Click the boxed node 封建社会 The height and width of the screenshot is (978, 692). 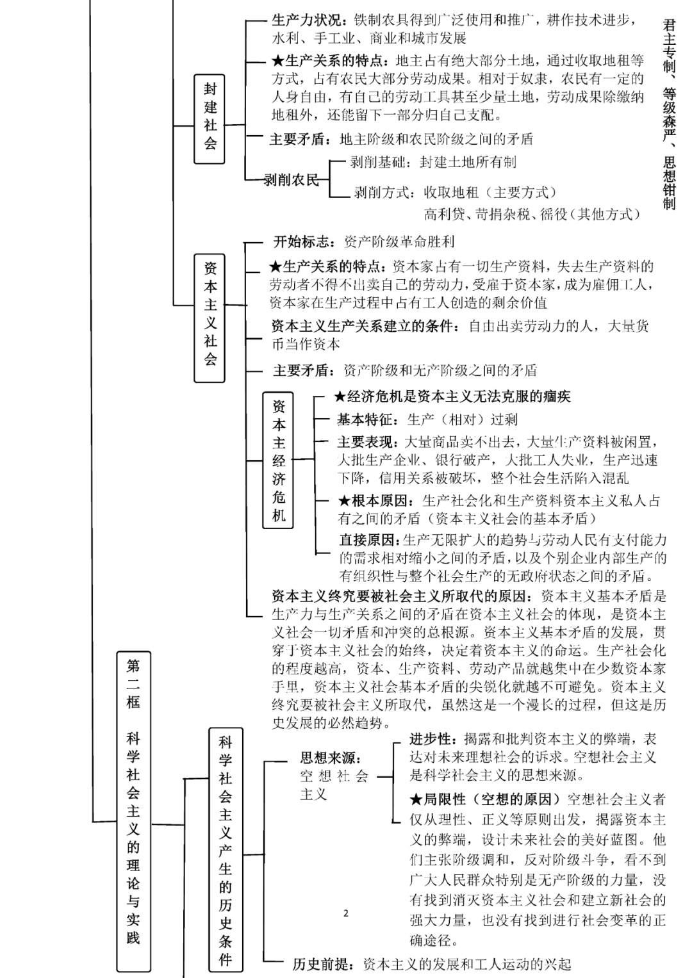(x=210, y=118)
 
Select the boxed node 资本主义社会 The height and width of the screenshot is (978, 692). (x=210, y=318)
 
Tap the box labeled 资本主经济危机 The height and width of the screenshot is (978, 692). (x=278, y=460)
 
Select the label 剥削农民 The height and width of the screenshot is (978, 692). (x=292, y=180)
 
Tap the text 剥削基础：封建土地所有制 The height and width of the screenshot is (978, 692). (x=433, y=162)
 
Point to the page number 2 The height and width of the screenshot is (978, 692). (x=346, y=913)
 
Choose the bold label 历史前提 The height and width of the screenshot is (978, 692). (x=324, y=964)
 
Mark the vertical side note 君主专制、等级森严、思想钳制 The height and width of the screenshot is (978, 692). (x=669, y=114)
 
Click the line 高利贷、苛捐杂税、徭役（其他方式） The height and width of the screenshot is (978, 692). (x=532, y=214)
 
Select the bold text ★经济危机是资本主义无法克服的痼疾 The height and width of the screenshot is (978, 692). (x=452, y=396)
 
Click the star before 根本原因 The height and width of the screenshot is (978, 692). (x=344, y=501)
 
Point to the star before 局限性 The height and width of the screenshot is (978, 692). (x=416, y=799)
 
